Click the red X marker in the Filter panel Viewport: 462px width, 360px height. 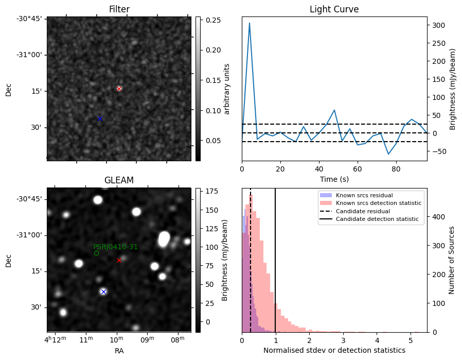coord(119,89)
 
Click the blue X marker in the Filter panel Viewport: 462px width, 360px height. coord(100,118)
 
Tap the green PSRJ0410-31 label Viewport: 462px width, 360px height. coord(115,247)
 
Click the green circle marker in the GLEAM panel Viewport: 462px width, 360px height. coord(96,253)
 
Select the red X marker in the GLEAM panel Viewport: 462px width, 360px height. coord(119,260)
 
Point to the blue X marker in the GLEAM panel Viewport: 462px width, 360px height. coord(103,292)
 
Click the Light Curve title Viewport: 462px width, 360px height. coord(334,9)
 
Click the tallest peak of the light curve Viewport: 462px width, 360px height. coord(250,23)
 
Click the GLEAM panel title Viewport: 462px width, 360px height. coord(119,180)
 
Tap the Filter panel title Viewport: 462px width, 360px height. coord(119,9)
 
